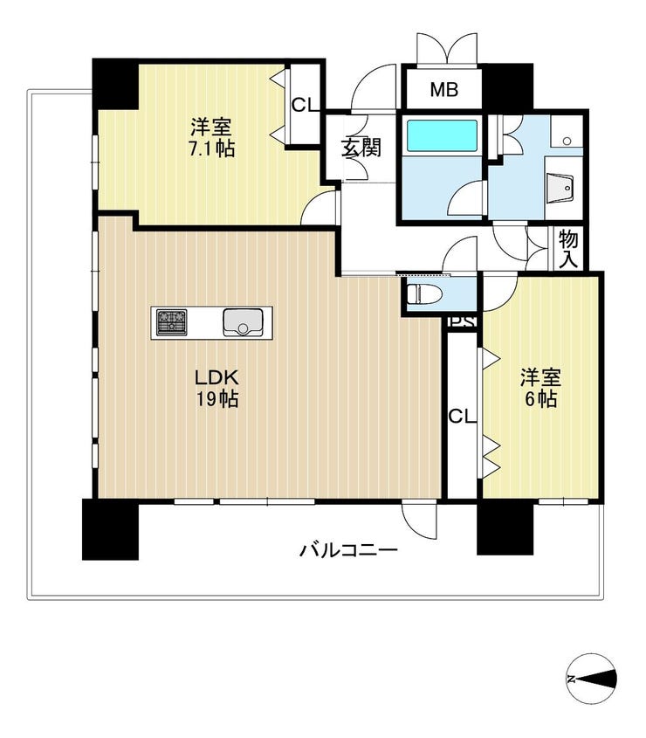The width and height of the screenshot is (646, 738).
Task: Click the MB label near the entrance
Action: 443,89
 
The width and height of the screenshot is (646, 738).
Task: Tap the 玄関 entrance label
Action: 361,148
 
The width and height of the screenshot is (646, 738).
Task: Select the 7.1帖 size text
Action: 211,149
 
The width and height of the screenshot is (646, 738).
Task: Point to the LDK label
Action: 216,377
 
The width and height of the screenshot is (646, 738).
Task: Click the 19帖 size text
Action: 216,400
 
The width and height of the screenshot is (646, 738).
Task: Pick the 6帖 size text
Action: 540,400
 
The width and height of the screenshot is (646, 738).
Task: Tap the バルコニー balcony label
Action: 348,549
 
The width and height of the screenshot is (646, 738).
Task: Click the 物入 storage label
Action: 568,250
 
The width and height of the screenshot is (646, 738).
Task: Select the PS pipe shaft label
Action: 462,321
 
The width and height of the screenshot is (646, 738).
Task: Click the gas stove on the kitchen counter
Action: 171,322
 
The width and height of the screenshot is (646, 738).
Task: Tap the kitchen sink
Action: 243,322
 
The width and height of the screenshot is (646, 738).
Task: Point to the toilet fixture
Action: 425,294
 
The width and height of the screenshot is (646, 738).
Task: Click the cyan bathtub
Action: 442,135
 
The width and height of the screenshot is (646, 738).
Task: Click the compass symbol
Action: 591,679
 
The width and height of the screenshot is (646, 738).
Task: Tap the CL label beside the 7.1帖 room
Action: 305,105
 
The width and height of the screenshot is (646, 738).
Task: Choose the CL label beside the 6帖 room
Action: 462,416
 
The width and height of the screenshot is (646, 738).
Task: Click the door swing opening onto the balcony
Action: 419,521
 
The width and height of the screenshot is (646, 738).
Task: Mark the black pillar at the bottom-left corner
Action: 110,529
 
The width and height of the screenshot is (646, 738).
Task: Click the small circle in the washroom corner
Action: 567,141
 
